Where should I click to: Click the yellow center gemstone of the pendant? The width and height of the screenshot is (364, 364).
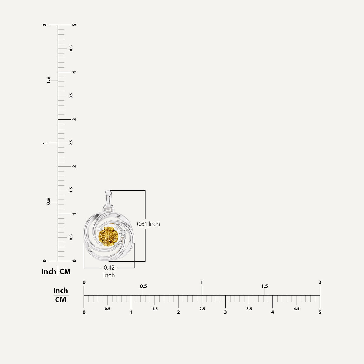[x=108, y=236]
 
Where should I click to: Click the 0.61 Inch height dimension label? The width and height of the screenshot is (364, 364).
[x=148, y=224]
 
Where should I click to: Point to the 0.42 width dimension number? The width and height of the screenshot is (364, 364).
[x=109, y=268]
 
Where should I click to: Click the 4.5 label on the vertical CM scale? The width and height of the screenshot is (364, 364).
[x=71, y=48]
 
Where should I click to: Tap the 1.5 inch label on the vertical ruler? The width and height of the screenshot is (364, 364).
[x=48, y=80]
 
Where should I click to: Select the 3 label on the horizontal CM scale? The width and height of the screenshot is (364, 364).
[x=225, y=312]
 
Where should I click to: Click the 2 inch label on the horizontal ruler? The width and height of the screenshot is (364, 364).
[x=320, y=282]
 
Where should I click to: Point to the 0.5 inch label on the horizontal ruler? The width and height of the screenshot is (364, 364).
[x=143, y=286]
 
